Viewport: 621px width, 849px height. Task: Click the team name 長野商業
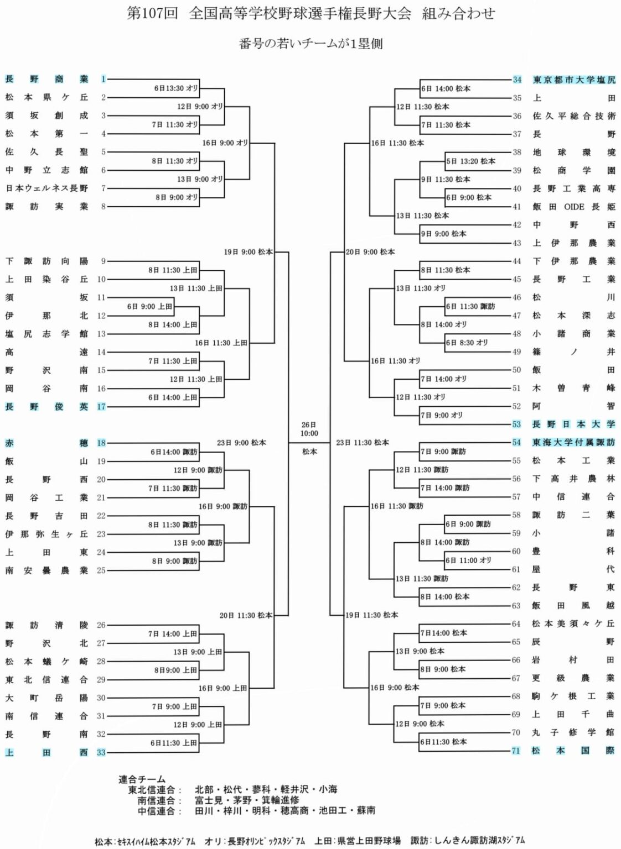click(46, 79)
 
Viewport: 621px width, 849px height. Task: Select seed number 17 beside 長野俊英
click(101, 407)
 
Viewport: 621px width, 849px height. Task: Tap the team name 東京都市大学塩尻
click(573, 80)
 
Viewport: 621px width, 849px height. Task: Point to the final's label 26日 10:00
click(309, 429)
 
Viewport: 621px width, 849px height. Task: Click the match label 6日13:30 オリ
click(175, 88)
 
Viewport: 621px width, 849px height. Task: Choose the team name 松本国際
click(573, 751)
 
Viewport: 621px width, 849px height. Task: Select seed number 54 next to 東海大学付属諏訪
click(516, 443)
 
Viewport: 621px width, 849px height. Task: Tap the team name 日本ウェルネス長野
click(46, 188)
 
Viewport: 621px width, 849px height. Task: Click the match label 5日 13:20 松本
click(471, 161)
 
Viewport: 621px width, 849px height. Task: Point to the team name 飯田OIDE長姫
click(573, 207)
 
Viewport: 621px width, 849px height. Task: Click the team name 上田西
click(46, 752)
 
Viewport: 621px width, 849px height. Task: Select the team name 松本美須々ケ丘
click(573, 623)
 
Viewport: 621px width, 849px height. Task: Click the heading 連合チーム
click(142, 779)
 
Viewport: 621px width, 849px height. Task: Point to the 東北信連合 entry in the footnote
click(152, 790)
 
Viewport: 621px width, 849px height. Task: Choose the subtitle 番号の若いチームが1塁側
click(310, 44)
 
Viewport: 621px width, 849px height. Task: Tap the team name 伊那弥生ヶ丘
click(46, 534)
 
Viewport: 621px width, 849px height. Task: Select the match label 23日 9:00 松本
click(241, 443)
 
